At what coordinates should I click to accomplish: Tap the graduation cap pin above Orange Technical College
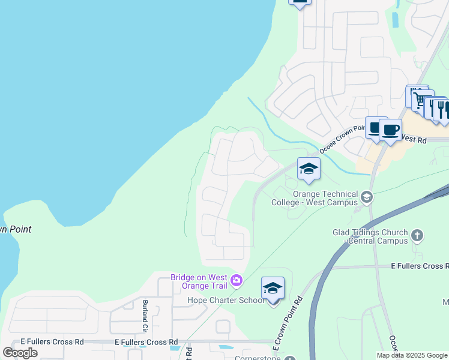[x=309, y=169]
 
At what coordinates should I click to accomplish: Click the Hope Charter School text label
[x=225, y=300]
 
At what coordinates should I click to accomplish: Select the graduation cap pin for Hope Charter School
[x=273, y=289]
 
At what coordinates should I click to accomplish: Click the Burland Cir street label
[x=145, y=316]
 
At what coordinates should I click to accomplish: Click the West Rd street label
[x=414, y=140]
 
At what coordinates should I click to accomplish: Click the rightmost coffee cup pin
[x=390, y=130]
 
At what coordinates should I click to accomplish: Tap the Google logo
[x=20, y=352]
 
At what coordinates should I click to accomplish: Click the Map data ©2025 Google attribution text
[x=412, y=355]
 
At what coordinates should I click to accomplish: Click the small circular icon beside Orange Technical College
[x=367, y=196]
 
